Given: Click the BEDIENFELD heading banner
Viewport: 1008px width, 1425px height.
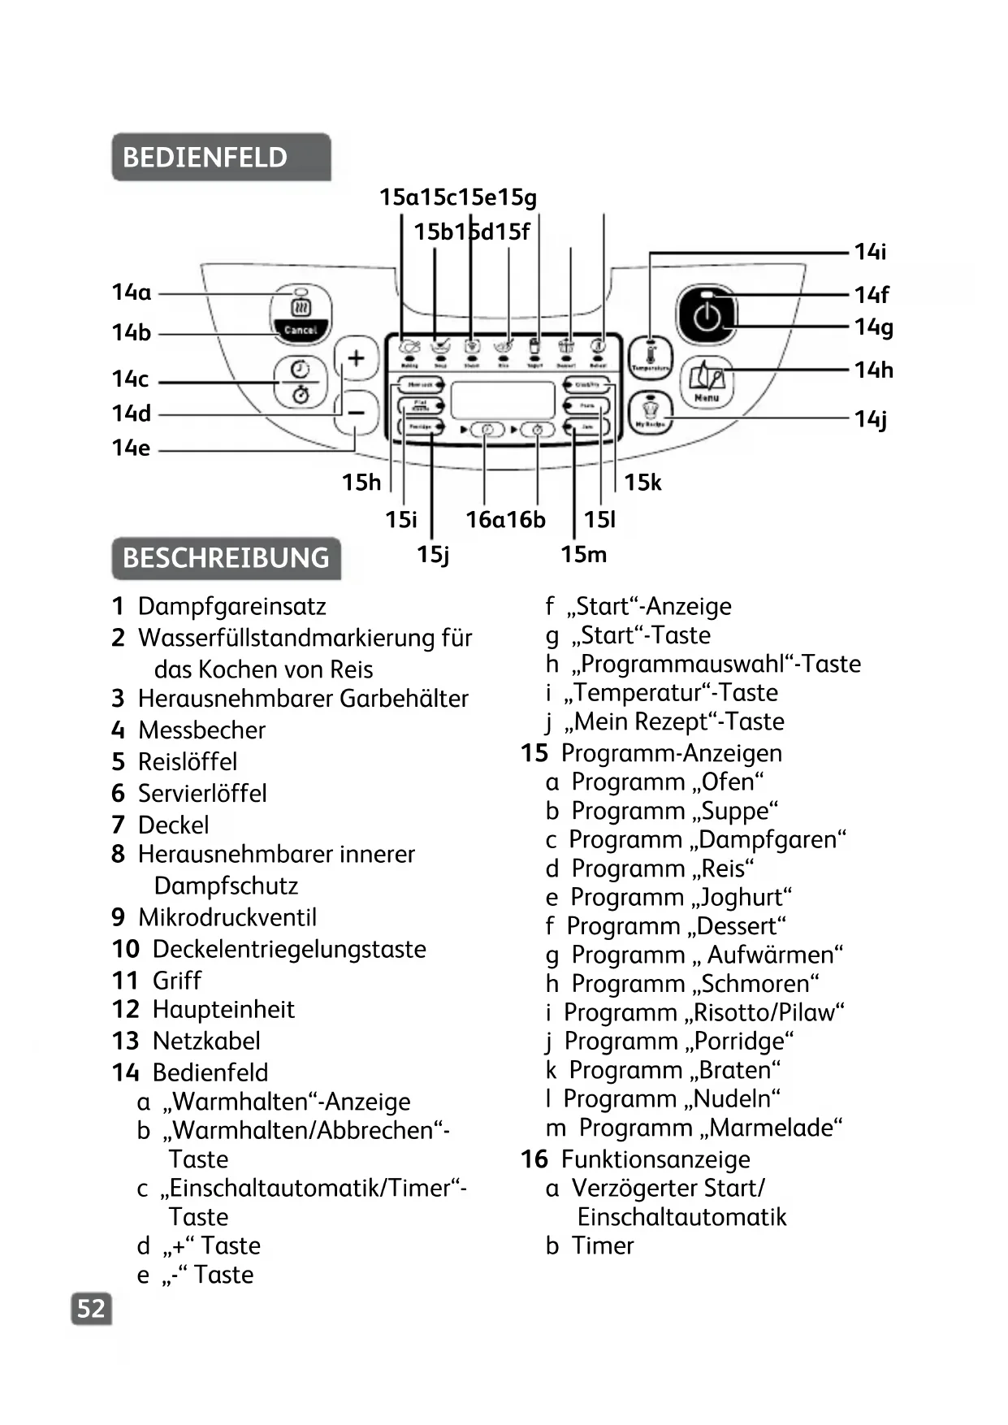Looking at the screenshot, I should pos(220,157).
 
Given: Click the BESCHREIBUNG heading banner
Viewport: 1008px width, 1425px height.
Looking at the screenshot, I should pos(226,558).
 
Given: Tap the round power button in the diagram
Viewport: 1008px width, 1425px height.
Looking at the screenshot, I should pos(707,316).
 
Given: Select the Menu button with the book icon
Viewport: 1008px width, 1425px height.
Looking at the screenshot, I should pos(707,382).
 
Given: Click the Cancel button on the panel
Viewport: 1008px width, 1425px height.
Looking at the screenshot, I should pos(301,330).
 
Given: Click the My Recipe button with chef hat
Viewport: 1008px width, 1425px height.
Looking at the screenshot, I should pos(650,413).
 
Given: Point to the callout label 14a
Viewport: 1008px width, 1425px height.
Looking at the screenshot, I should pos(132,292).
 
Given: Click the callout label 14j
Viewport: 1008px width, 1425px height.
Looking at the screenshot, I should pos(870,419).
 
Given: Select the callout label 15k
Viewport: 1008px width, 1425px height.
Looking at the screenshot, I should pos(642,483).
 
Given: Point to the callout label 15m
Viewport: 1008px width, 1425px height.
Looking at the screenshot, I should pos(583,555).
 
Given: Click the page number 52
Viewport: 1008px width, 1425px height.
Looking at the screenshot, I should pos(91,1309).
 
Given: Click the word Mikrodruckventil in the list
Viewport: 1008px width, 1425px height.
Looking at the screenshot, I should pos(227,917).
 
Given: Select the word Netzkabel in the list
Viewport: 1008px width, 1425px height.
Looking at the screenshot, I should pos(206,1041).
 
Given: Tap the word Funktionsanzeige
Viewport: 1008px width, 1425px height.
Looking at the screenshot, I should pos(655,1159).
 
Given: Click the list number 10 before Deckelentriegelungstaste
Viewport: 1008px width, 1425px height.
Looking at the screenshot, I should pos(126,949).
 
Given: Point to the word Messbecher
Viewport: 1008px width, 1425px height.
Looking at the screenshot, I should pos(201,730).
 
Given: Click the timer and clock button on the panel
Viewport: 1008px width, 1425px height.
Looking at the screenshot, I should pos(301,381).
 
